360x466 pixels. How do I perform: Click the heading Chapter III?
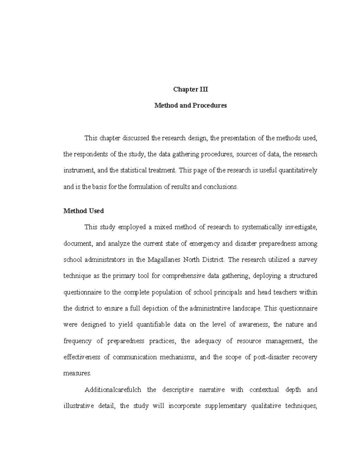[x=190, y=89]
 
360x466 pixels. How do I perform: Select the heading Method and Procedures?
[x=190, y=106]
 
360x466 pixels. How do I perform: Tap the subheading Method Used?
[x=84, y=211]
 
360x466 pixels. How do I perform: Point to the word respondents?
[x=89, y=155]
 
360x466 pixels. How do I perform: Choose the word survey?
[x=308, y=260]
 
